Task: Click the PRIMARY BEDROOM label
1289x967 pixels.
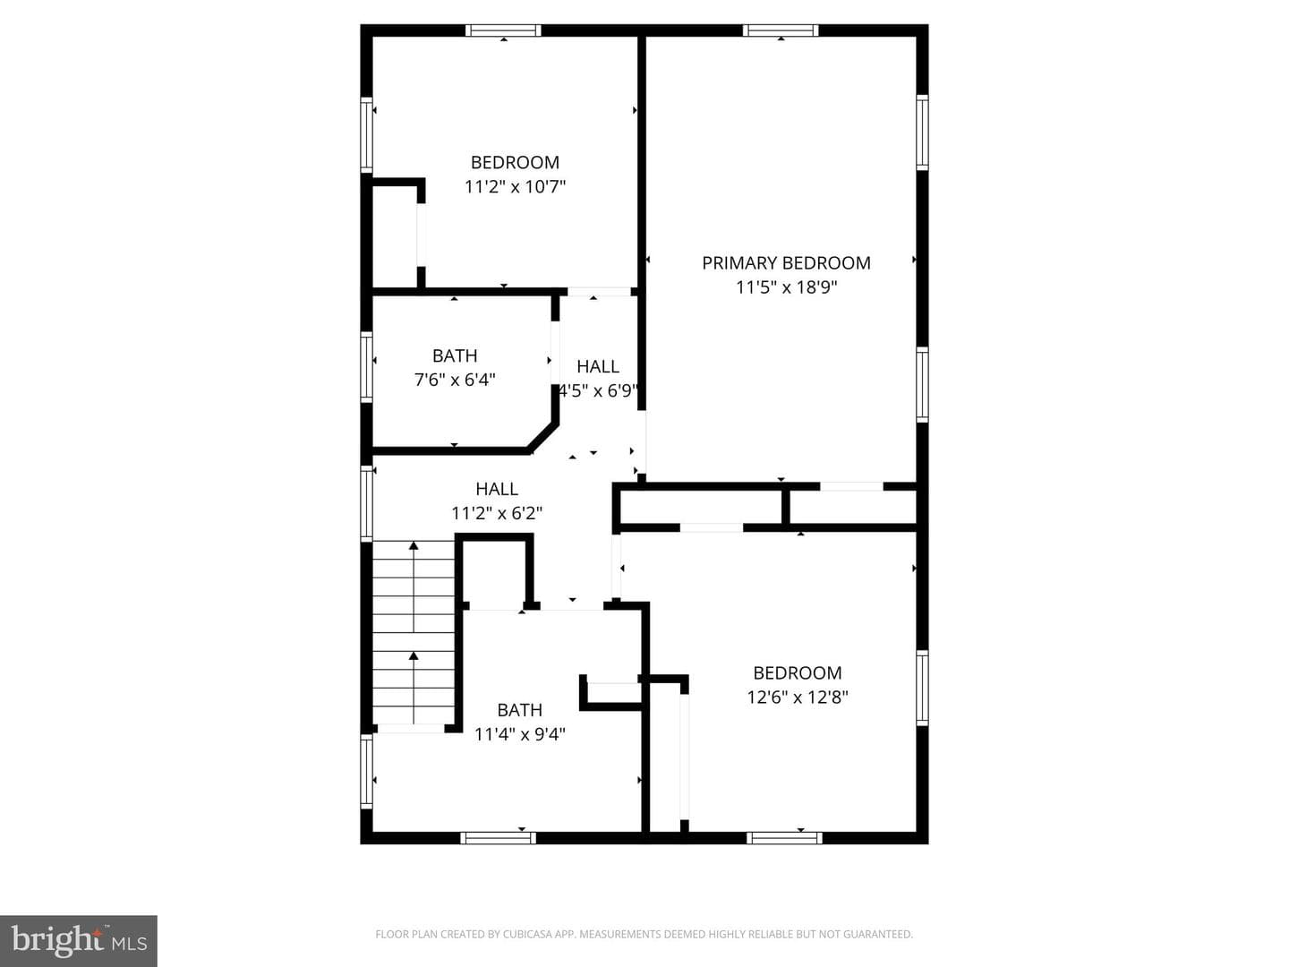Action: click(786, 263)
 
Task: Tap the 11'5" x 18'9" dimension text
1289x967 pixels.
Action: click(786, 287)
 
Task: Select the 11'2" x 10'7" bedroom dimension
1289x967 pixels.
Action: click(515, 187)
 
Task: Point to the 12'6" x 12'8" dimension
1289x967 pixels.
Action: click(798, 697)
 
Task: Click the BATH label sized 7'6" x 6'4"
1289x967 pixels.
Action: click(455, 355)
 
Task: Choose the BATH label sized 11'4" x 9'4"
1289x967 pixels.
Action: click(520, 710)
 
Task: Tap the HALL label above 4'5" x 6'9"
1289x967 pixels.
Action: click(598, 366)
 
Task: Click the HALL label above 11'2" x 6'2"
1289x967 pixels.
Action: click(497, 489)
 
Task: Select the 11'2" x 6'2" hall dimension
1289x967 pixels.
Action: click(497, 514)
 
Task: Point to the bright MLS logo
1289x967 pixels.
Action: click(79, 940)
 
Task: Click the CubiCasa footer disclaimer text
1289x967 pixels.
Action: click(644, 934)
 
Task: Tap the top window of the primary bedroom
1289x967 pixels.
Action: click(781, 30)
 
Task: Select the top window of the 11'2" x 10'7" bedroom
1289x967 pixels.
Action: click(503, 30)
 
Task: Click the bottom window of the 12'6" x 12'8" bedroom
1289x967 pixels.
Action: click(784, 838)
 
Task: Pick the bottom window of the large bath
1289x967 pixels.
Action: click(498, 838)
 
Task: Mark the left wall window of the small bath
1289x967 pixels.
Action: click(366, 367)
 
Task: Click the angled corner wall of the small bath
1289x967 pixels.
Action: click(542, 438)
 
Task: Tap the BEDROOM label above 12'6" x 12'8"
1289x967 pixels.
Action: click(798, 672)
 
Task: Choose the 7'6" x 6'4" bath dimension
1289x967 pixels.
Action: click(455, 381)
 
